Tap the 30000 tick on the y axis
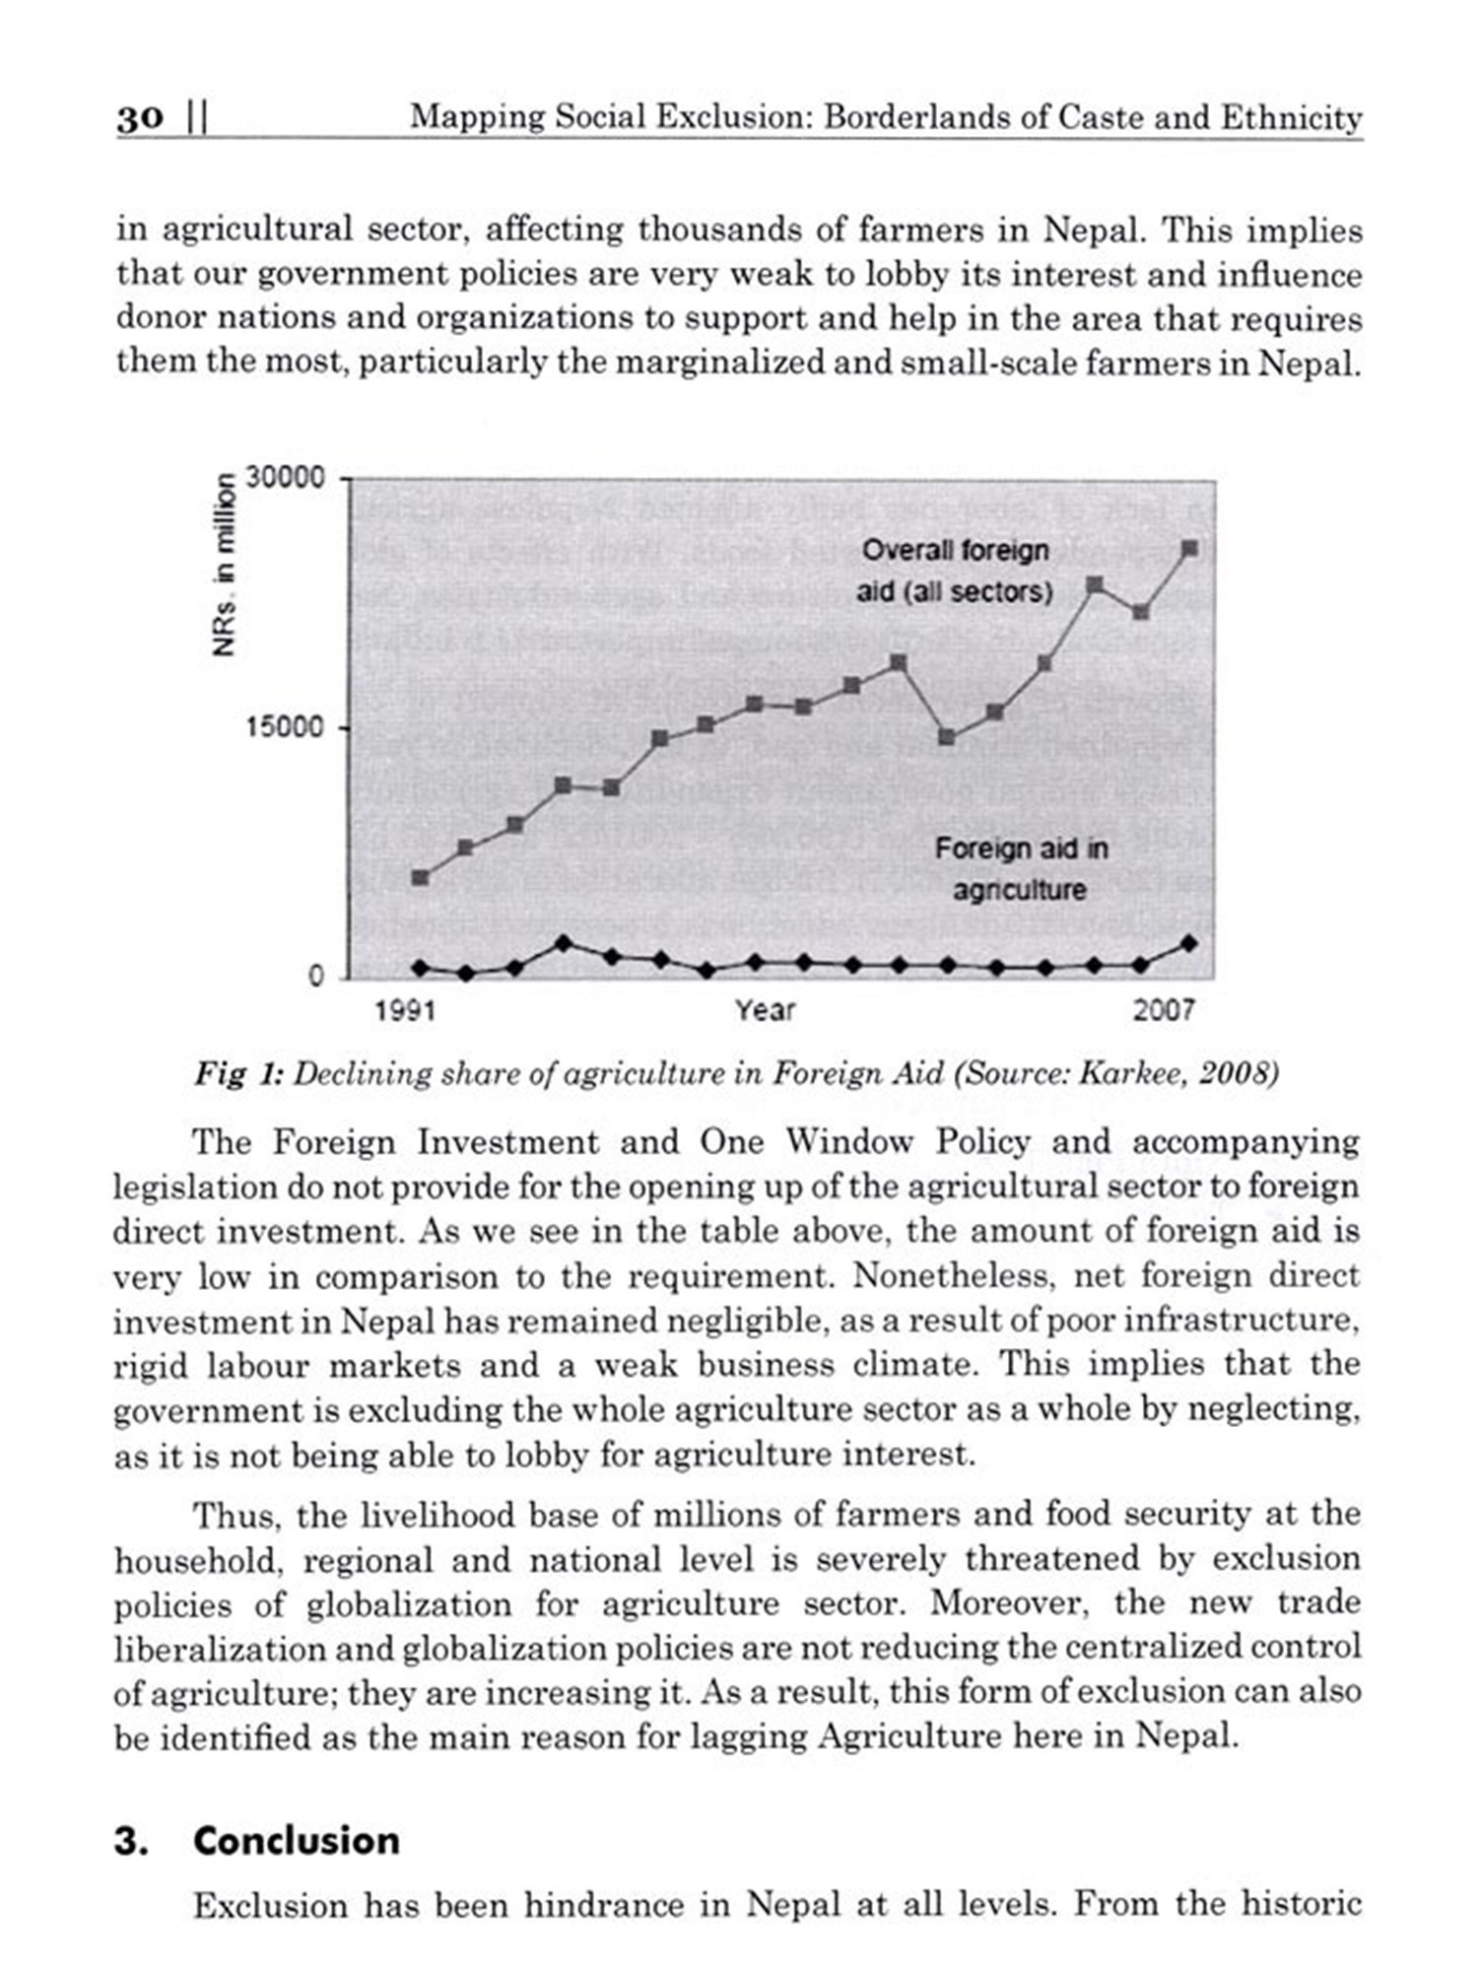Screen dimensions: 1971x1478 tap(285, 478)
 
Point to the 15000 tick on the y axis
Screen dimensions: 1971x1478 tap(285, 727)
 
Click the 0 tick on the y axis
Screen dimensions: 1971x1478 tap(315, 976)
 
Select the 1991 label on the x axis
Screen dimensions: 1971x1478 tap(405, 1010)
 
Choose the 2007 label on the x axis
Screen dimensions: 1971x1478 tap(1163, 1010)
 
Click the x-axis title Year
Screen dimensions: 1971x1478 tap(765, 1010)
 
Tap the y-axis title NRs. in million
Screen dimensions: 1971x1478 tap(226, 566)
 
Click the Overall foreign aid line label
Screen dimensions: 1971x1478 tap(955, 571)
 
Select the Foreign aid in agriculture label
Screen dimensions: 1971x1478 tap(1021, 868)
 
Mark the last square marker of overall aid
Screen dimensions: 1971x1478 tap(1189, 549)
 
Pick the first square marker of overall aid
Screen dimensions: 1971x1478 tap(420, 877)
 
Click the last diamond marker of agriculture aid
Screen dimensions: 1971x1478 tap(1189, 943)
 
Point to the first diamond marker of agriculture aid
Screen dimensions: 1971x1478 tap(420, 968)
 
